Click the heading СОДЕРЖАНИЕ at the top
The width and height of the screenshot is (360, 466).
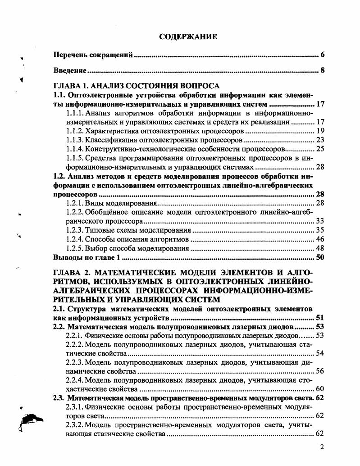tap(188, 37)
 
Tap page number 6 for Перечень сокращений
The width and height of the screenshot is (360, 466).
tap(323, 55)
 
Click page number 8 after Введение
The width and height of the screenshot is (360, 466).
tap(323, 71)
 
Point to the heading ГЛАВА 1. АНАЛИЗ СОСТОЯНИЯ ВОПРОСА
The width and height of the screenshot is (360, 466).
tap(136, 86)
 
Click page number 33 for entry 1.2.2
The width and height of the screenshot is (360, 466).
tap(320, 221)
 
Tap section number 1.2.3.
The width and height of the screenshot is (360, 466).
tap(75, 230)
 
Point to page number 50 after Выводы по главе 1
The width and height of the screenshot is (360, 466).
tap(320, 257)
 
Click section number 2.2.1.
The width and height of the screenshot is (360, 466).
tap(75, 335)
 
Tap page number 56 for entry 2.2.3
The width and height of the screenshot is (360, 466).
tap(320, 371)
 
